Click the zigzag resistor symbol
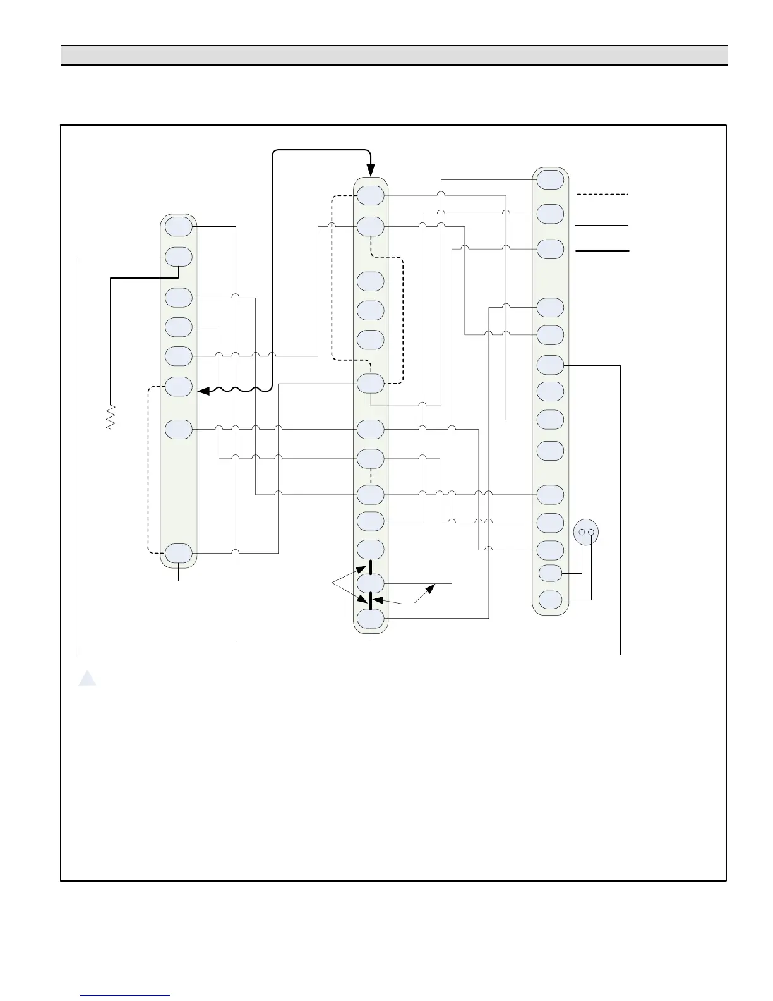point(111,417)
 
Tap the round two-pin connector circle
point(586,533)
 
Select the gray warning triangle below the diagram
point(87,679)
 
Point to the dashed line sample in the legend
point(602,194)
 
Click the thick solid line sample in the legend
point(602,251)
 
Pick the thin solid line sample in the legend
point(602,224)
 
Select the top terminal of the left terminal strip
point(179,226)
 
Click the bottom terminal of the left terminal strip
point(179,553)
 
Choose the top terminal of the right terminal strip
point(550,179)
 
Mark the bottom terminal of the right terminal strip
point(550,599)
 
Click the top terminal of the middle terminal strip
point(371,196)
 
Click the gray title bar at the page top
point(394,56)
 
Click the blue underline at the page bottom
point(125,996)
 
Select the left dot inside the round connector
point(581,532)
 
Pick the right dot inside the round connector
point(591,532)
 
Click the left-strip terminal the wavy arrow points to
point(179,386)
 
